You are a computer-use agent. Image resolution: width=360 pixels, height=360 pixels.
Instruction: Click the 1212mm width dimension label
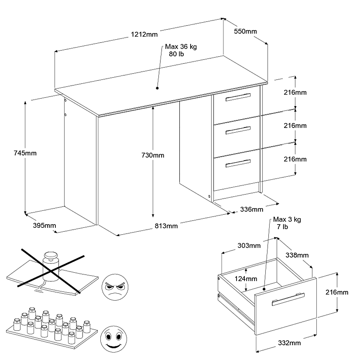pos(144,34)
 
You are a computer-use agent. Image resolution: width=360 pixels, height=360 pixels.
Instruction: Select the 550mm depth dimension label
pos(245,31)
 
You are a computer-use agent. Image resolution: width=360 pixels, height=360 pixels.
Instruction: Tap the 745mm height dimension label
pos(25,153)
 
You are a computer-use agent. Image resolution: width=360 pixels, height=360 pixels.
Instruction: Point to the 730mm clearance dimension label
pos(153,155)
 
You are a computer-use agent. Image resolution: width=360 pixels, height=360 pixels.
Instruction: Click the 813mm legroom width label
pos(166,226)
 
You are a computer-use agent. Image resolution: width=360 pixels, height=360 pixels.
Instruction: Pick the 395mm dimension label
pos(45,225)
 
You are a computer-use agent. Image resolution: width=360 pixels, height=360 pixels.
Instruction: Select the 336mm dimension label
pos(252,209)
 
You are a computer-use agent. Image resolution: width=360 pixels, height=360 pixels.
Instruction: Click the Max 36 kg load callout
pos(181,50)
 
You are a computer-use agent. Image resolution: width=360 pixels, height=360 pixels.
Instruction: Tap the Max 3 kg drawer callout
pos(287,223)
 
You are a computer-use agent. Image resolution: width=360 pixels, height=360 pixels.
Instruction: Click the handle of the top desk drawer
pos(238,97)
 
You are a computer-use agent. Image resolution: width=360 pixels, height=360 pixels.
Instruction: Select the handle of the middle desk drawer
pos(238,130)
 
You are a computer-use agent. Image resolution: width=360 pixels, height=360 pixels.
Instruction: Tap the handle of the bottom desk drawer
pos(238,163)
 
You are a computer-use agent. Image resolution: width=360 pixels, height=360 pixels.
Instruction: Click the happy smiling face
pos(114,339)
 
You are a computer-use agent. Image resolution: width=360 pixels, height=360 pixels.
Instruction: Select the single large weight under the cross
pos(51,265)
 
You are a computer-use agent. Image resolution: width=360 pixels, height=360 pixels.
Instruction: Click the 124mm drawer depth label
pos(246,279)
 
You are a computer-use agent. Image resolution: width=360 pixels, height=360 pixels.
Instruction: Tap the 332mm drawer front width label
pos(289,343)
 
